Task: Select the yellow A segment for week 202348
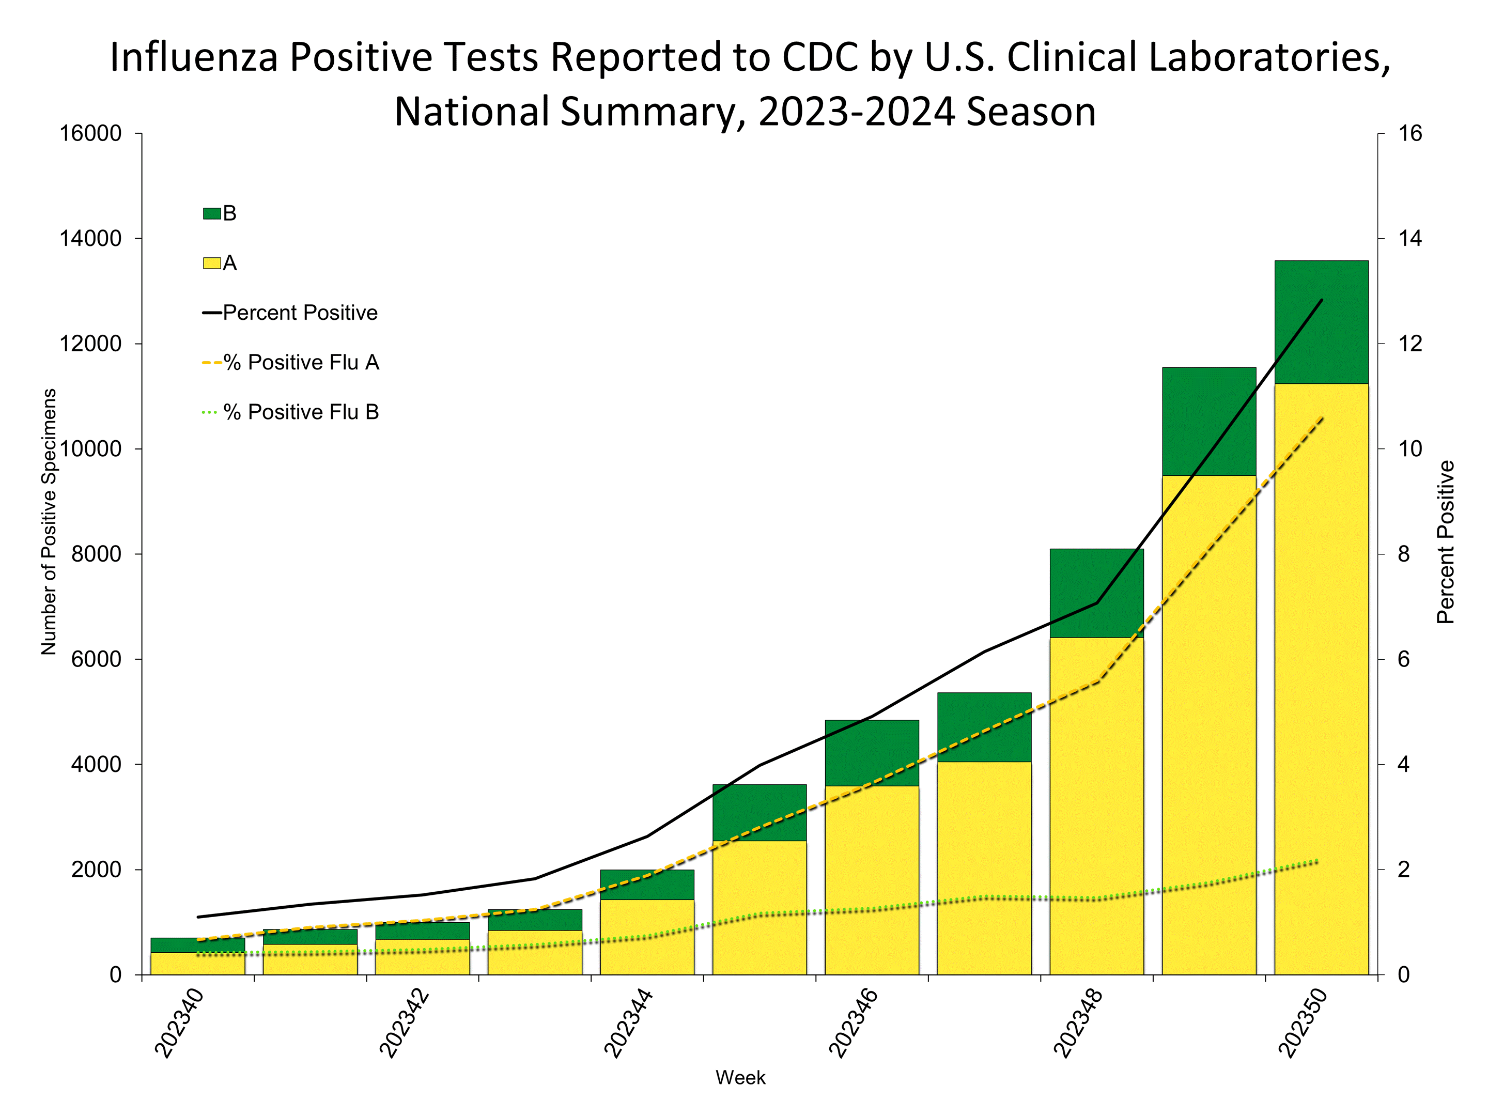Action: tap(1096, 807)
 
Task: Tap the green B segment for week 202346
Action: tap(872, 752)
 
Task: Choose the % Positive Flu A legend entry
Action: tap(301, 363)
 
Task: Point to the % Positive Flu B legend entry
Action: tap(301, 412)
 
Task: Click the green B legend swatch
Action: tap(212, 214)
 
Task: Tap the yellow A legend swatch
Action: tap(212, 263)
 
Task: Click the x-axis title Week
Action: tap(740, 1078)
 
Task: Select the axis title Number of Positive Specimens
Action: tap(49, 521)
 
